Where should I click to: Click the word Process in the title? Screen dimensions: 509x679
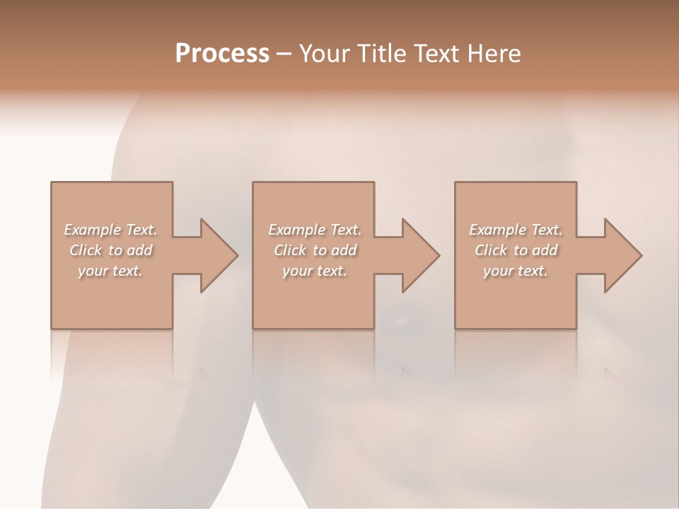[222, 54]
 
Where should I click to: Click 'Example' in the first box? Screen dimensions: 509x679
[93, 230]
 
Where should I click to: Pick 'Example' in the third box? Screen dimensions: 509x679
[497, 230]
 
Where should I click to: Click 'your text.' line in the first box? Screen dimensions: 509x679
[110, 271]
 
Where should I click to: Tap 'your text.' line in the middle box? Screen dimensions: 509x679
[314, 271]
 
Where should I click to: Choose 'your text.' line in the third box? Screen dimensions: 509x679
[516, 271]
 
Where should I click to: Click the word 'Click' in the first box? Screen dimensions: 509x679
[85, 250]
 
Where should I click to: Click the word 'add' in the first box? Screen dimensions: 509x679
[139, 250]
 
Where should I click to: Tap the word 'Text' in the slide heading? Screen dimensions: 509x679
[435, 54]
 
